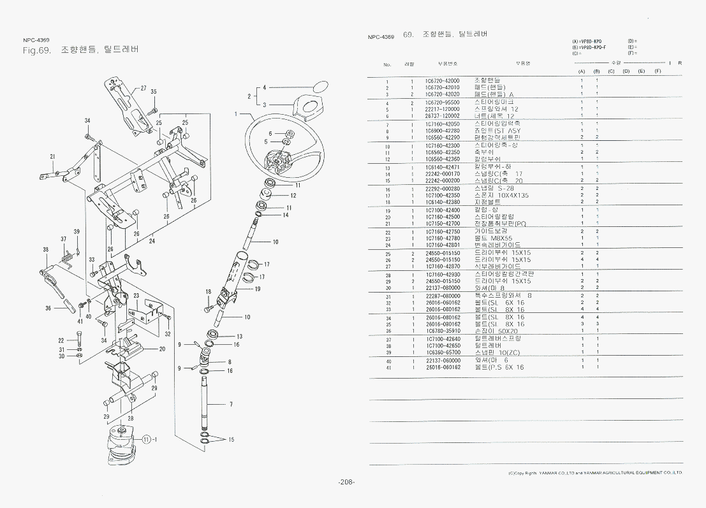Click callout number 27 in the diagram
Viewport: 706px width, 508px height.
(x=143, y=88)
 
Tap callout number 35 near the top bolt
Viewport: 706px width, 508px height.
(x=154, y=92)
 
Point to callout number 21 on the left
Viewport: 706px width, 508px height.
(x=52, y=156)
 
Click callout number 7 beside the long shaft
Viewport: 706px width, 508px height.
(x=231, y=404)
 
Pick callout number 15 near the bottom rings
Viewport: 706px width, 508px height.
(x=231, y=440)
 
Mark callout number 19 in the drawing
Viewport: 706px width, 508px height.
(x=258, y=289)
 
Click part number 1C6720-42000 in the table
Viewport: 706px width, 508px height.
(x=442, y=80)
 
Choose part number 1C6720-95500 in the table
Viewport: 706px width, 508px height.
(x=442, y=102)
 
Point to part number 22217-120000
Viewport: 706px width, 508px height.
(x=442, y=109)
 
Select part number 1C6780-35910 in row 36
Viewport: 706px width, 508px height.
(x=442, y=331)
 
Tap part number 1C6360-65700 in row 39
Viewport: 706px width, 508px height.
(x=442, y=352)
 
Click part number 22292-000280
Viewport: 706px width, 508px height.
(x=442, y=189)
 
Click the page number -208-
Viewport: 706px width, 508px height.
(x=347, y=482)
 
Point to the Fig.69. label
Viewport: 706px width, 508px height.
(x=36, y=50)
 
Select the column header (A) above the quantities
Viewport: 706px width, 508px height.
(x=582, y=71)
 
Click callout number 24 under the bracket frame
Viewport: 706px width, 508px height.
(x=152, y=242)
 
